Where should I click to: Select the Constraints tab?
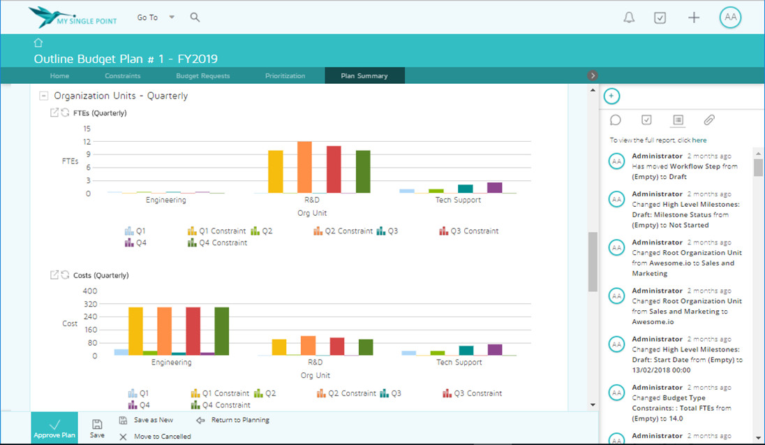123,75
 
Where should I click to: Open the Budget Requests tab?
202,75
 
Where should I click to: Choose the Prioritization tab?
285,75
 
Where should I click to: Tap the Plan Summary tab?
364,75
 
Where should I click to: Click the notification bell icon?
629,18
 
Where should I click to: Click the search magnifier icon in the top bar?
195,17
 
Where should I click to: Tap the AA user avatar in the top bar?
731,18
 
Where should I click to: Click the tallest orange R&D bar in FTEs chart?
304,167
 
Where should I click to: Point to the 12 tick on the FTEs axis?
87,141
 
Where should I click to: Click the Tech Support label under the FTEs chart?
459,200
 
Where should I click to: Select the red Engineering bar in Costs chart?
193,330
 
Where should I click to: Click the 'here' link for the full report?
699,140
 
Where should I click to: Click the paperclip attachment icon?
709,120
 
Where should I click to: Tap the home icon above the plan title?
38,43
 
